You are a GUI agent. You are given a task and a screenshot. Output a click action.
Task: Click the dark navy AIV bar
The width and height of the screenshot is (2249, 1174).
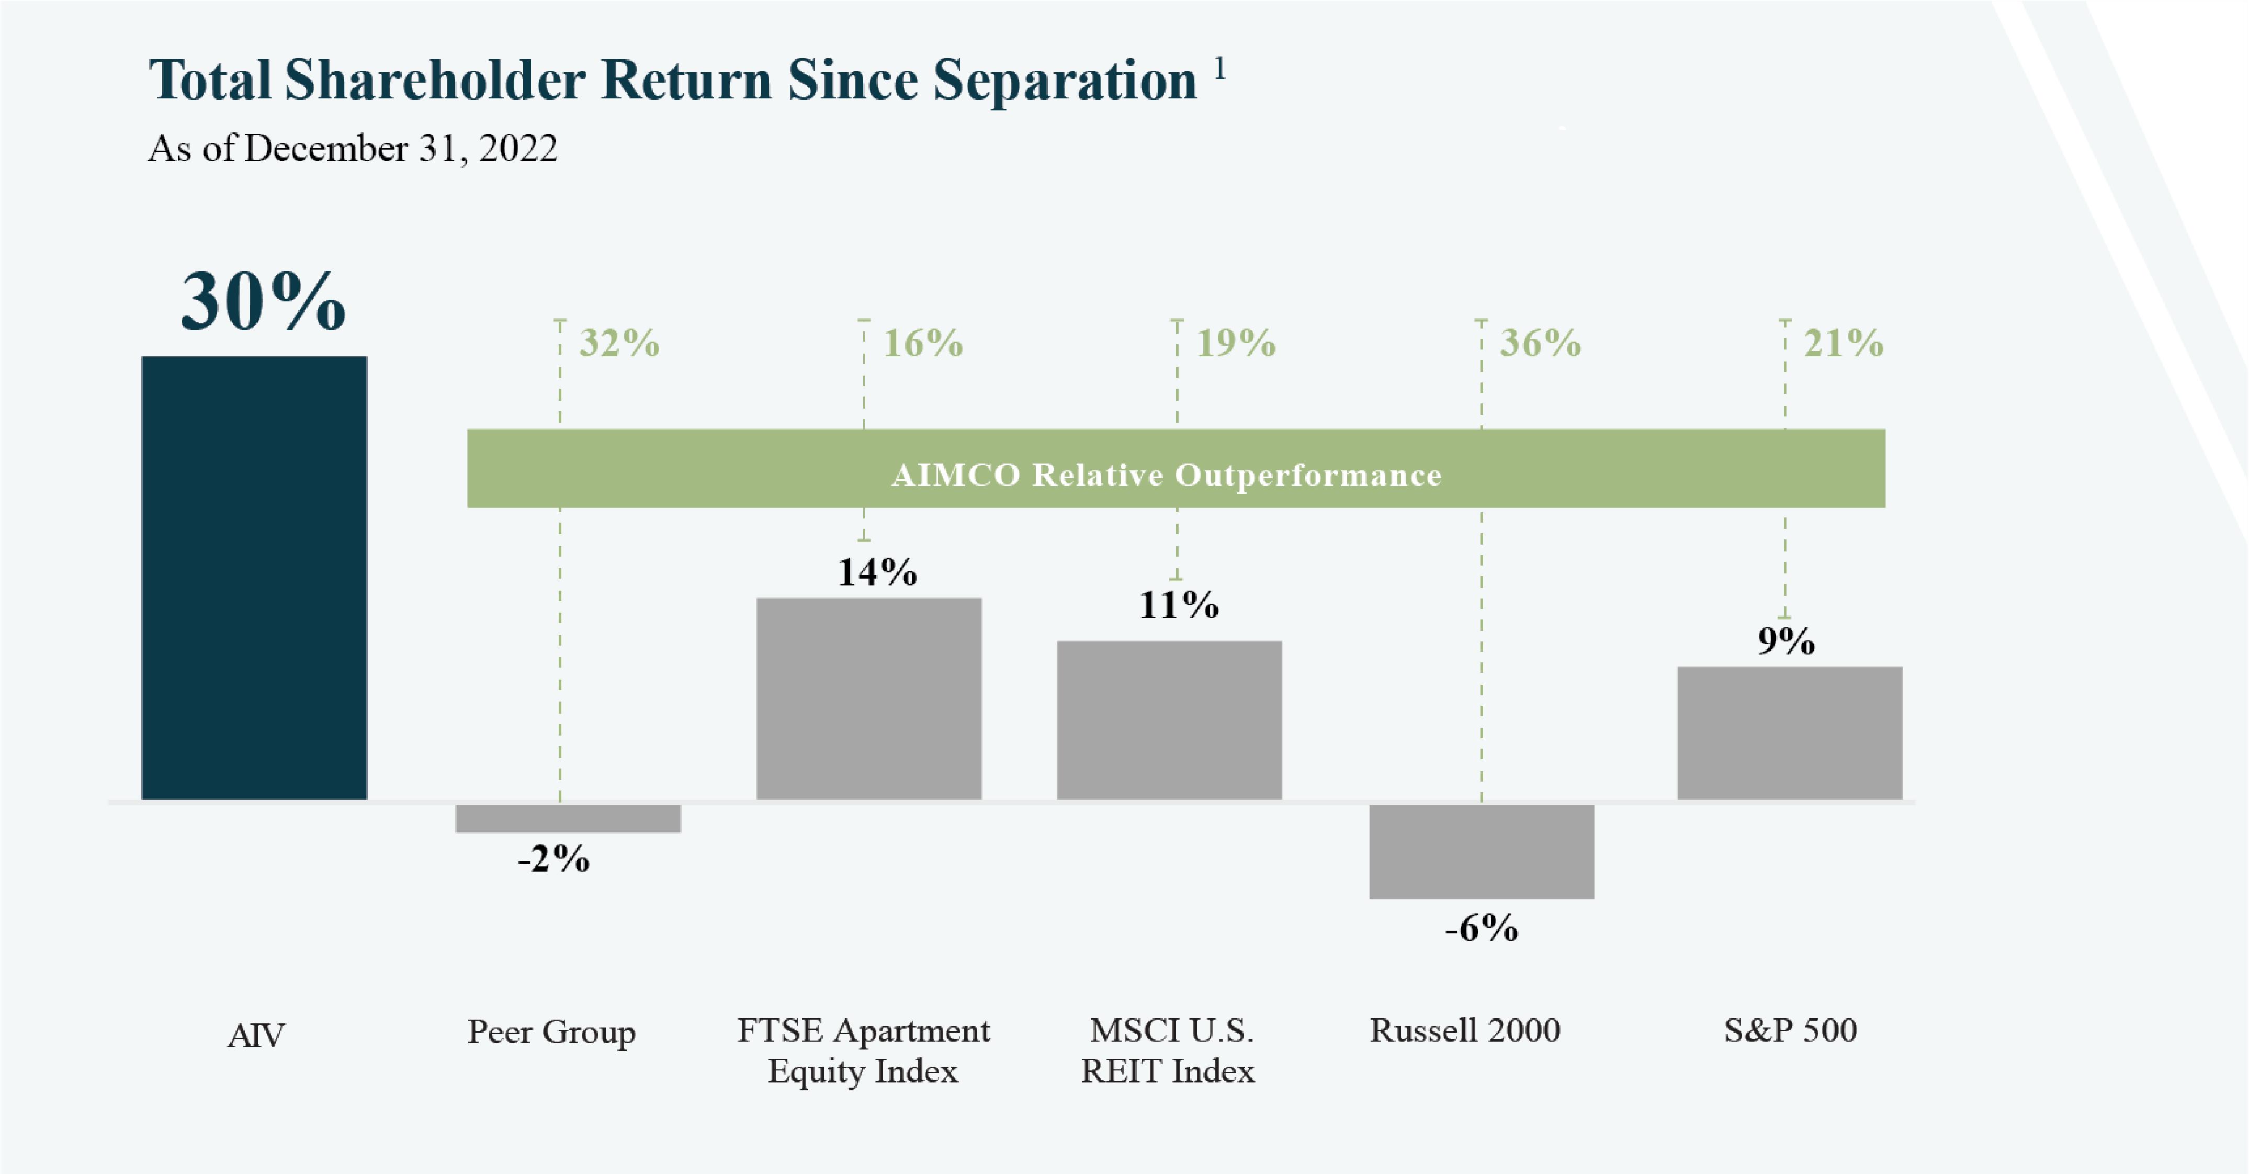(x=254, y=578)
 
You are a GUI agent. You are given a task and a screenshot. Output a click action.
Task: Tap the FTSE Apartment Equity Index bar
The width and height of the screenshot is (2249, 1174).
(x=869, y=698)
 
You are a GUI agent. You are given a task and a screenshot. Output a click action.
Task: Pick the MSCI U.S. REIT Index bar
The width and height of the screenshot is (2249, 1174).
(x=1169, y=720)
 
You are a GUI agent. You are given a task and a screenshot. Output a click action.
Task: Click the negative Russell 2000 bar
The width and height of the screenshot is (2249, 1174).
(x=1482, y=851)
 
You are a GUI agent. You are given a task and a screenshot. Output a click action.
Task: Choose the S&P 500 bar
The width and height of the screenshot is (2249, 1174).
(x=1790, y=733)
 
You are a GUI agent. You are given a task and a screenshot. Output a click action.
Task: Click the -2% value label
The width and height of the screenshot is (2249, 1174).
(x=553, y=859)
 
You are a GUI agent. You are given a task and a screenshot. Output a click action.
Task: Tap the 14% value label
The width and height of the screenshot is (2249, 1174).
(x=877, y=572)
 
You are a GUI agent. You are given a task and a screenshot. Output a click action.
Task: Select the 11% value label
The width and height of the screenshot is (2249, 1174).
(x=1179, y=604)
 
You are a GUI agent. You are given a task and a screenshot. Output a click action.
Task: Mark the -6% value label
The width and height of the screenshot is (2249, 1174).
(x=1482, y=928)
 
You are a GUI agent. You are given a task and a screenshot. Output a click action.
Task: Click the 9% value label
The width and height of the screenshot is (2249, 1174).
(x=1787, y=641)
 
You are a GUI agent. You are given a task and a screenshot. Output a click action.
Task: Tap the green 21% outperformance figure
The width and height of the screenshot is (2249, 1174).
(x=1844, y=343)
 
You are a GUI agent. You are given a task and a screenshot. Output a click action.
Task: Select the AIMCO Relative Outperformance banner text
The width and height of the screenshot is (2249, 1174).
(x=1167, y=475)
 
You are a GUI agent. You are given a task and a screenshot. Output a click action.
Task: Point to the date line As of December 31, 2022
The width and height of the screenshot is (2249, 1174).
(x=353, y=149)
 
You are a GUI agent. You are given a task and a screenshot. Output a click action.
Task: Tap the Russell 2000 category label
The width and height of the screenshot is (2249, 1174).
(x=1465, y=1030)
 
